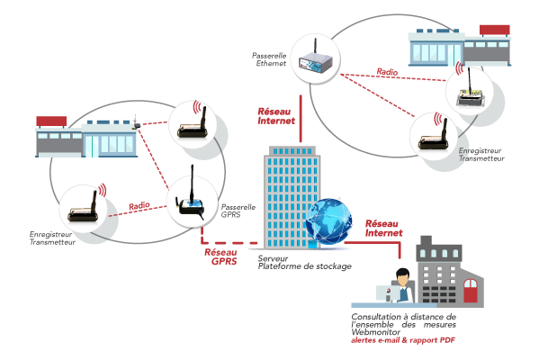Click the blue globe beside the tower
(329, 221)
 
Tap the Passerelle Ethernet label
(269, 59)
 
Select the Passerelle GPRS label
(238, 211)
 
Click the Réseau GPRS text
(220, 256)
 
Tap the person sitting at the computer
(403, 285)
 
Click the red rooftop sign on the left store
(51, 121)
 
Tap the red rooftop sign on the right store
(495, 30)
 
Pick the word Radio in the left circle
(139, 206)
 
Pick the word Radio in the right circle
(387, 72)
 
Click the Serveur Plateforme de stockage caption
(304, 262)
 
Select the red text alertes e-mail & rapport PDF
(403, 340)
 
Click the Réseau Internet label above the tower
(276, 116)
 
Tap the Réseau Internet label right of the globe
(383, 229)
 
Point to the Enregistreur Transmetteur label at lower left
(52, 238)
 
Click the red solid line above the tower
(301, 119)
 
